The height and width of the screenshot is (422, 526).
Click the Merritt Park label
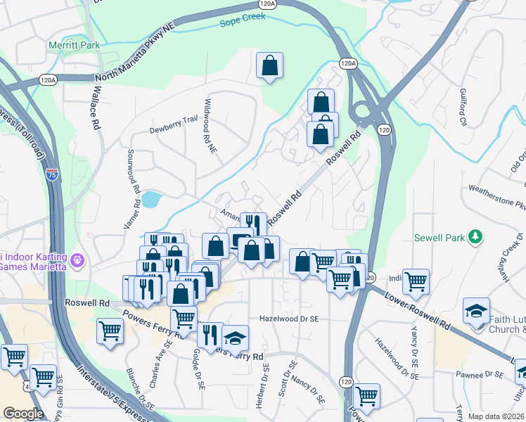[x=74, y=46]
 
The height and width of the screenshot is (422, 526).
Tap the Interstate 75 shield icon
[x=52, y=174]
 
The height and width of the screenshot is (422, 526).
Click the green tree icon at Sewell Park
[x=477, y=236]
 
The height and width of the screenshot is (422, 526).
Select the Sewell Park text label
[x=441, y=237]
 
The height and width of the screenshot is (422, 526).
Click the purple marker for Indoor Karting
[x=77, y=261]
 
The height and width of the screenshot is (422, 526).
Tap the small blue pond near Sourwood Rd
[x=150, y=200]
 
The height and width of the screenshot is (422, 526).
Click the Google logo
[x=24, y=414]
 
